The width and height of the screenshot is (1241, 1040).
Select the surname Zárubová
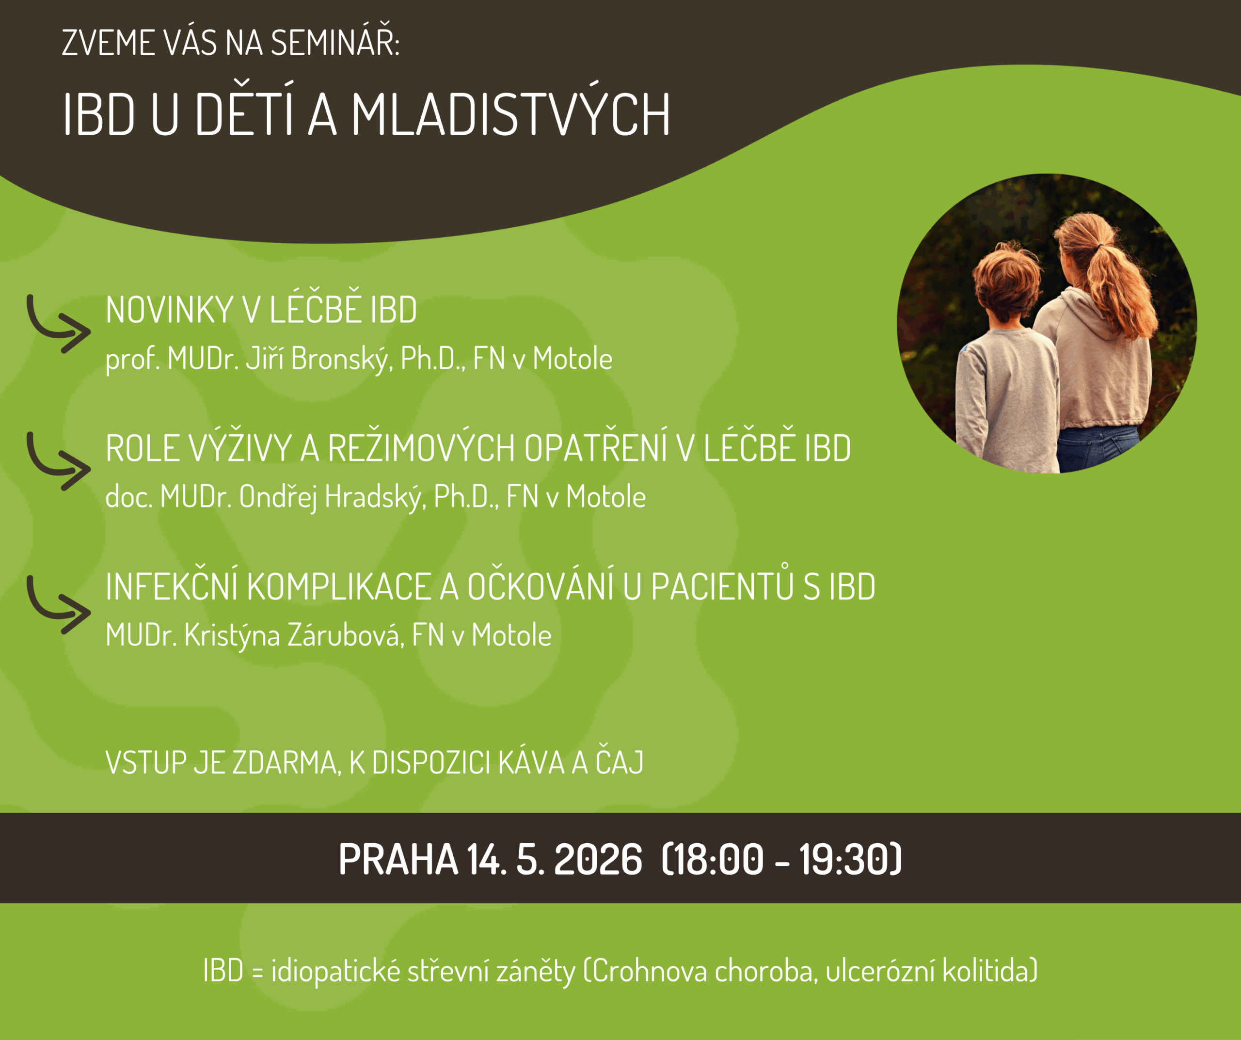346,635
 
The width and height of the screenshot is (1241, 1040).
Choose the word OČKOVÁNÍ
540,587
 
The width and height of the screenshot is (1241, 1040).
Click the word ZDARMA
286,763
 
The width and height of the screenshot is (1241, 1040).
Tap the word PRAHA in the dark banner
398,859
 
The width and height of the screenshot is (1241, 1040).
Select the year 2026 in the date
598,859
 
